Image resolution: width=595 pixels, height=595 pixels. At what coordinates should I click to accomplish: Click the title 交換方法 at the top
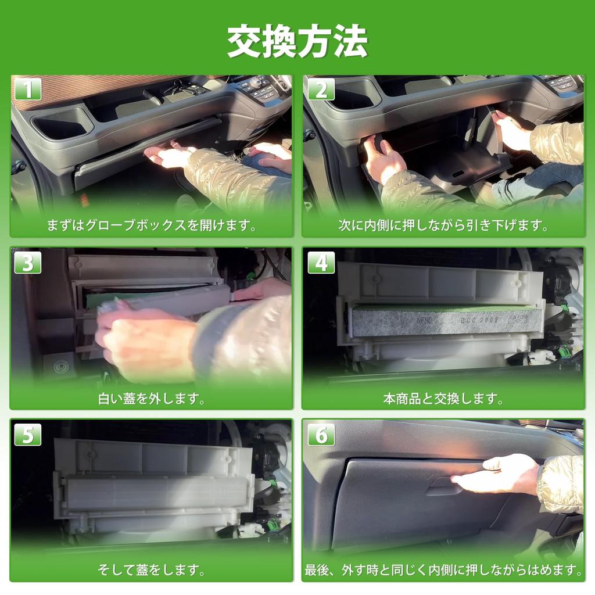point(297,42)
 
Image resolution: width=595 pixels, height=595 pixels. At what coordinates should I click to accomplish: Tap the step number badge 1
point(28,89)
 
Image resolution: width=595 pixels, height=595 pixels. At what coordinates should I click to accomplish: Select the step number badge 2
point(321,89)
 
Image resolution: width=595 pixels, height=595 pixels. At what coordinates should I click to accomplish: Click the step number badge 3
point(28,262)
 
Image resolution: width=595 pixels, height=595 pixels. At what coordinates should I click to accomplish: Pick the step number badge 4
point(321,262)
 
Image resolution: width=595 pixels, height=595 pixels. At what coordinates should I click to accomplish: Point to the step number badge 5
point(28,434)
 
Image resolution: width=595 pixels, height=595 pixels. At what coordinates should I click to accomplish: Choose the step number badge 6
point(321,434)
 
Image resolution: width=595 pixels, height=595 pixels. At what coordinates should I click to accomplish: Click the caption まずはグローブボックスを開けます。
point(152,225)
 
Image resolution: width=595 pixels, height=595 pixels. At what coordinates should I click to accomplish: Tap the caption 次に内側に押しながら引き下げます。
point(443,225)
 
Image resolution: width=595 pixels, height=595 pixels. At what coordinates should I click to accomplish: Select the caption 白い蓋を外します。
point(152,398)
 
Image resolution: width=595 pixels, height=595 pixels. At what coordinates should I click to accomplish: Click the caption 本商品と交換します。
point(443,398)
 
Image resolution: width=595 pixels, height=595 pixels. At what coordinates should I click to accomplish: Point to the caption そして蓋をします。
point(152,569)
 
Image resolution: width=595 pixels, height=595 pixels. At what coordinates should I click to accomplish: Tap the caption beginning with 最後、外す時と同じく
point(443,569)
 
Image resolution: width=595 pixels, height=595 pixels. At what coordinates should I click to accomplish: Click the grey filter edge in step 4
point(446,321)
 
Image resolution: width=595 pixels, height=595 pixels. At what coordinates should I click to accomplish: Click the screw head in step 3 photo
point(60,367)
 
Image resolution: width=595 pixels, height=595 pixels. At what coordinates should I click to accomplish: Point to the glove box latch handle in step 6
point(444,486)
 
